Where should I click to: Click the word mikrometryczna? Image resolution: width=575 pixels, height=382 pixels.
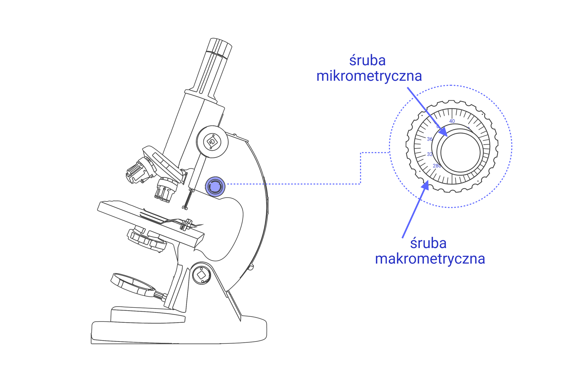pyautogui.click(x=369, y=76)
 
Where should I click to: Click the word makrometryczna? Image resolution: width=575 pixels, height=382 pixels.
pyautogui.click(x=430, y=259)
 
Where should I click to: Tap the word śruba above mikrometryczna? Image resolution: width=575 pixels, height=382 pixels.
pyautogui.click(x=367, y=60)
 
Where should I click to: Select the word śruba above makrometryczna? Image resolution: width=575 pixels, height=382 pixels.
pyautogui.click(x=428, y=243)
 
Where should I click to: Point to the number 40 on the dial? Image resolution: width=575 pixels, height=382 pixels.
pyautogui.click(x=452, y=121)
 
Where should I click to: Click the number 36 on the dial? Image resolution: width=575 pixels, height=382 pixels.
pyautogui.click(x=430, y=139)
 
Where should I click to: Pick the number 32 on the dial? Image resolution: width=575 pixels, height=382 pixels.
pyautogui.click(x=430, y=154)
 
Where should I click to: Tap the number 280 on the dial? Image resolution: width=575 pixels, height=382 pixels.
pyautogui.click(x=437, y=166)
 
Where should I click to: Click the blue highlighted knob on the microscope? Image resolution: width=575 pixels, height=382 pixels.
pyautogui.click(x=215, y=187)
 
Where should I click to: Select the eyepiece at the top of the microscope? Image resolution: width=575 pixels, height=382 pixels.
pyautogui.click(x=219, y=48)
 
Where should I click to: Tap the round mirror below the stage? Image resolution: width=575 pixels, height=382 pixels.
pyautogui.click(x=133, y=284)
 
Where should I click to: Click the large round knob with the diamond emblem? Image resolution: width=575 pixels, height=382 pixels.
pyautogui.click(x=212, y=142)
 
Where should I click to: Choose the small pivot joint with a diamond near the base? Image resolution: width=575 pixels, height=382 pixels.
pyautogui.click(x=201, y=275)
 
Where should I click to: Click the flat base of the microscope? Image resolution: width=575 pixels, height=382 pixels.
pyautogui.click(x=179, y=332)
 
